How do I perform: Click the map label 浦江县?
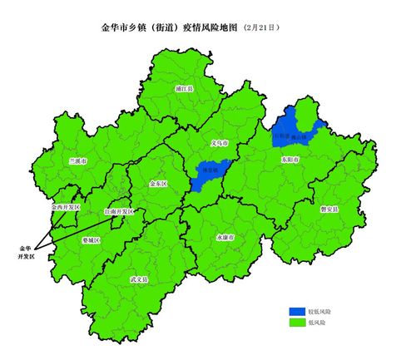pyautogui.click(x=185, y=87)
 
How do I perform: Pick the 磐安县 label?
pyautogui.click(x=329, y=210)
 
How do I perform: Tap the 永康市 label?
pyautogui.click(x=226, y=237)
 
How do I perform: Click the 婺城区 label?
pyautogui.click(x=92, y=239)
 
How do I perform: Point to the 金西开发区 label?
pyautogui.click(x=65, y=206)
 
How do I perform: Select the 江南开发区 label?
pyautogui.click(x=118, y=212)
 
